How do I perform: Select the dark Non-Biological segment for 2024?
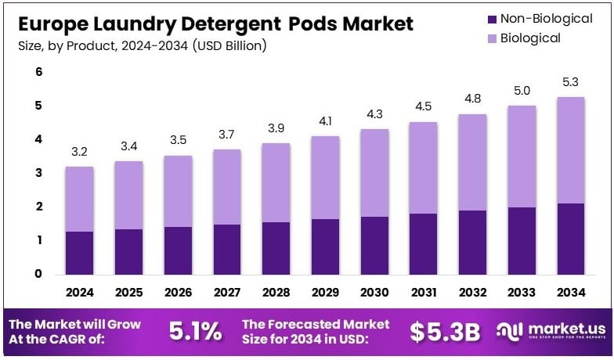pyautogui.click(x=79, y=252)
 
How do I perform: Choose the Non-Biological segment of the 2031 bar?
pyautogui.click(x=424, y=243)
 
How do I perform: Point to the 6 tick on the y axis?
pyautogui.click(x=38, y=72)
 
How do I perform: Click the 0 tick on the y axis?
pyautogui.click(x=38, y=274)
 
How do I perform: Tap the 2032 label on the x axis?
pyautogui.click(x=472, y=293)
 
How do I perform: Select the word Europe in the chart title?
pyautogui.click(x=49, y=24)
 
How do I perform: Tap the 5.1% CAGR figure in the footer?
pyautogui.click(x=195, y=332)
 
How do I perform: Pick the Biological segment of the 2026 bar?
pyautogui.click(x=178, y=191)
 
